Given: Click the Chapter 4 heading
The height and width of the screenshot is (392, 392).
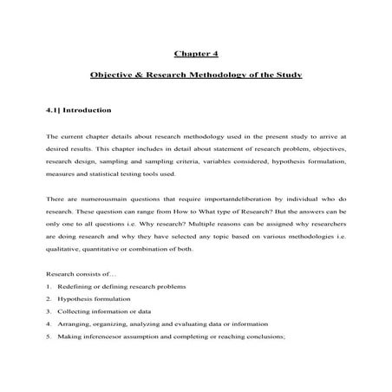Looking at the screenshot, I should [x=195, y=53].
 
